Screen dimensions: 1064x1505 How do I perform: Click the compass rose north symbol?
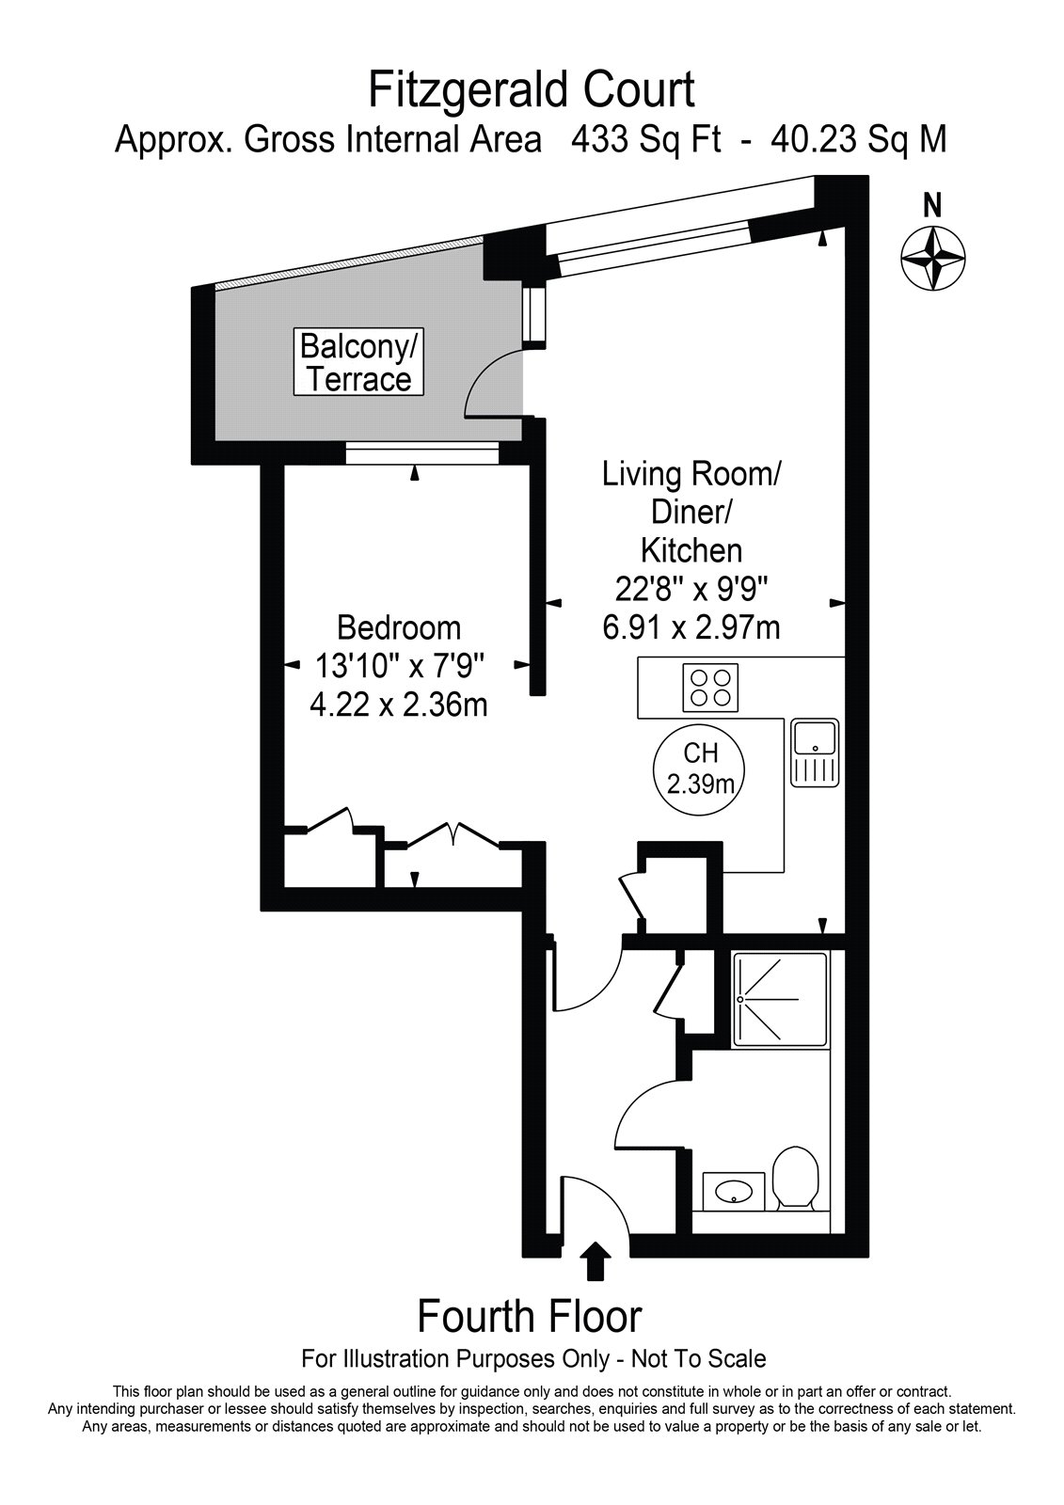click(932, 259)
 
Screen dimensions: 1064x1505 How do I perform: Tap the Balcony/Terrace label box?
click(359, 362)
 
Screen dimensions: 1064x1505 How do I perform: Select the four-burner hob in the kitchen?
click(709, 688)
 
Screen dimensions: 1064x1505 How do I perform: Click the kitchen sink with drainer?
click(815, 752)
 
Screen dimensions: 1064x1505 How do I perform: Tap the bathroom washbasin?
click(734, 1191)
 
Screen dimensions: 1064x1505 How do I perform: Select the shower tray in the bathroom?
click(780, 999)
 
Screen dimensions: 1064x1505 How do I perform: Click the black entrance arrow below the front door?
click(595, 1259)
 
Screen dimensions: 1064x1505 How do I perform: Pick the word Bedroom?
click(399, 628)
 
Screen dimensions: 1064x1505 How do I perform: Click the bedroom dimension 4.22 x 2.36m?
click(399, 705)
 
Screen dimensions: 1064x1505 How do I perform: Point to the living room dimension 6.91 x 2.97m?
click(691, 627)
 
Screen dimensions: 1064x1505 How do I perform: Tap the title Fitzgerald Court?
click(532, 90)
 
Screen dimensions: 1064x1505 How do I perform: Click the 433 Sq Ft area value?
click(646, 140)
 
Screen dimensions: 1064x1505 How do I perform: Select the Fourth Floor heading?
click(531, 1318)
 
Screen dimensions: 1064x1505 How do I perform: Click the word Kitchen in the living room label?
click(691, 550)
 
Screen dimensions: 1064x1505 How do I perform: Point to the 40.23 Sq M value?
click(860, 140)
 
